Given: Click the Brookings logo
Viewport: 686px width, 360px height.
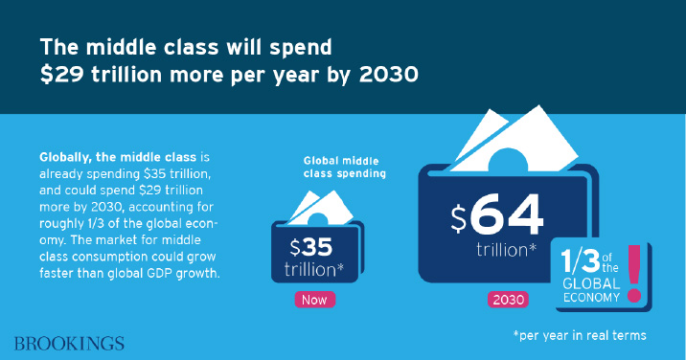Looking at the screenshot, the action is [x=69, y=344].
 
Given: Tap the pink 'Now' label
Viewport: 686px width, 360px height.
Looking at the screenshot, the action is [x=314, y=300].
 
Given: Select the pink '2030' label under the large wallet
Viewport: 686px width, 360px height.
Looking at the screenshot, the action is [x=508, y=300].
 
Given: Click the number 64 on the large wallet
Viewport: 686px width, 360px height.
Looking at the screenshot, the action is [x=507, y=214].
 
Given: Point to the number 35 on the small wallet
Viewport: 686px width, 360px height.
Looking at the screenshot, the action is [x=317, y=248].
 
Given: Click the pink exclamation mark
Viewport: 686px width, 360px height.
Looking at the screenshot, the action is [x=634, y=274].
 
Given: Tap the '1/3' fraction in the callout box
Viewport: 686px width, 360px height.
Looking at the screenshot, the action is [x=580, y=262].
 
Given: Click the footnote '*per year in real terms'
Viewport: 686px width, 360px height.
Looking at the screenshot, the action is [x=580, y=335].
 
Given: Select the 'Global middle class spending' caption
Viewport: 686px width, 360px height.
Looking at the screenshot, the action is [x=344, y=168].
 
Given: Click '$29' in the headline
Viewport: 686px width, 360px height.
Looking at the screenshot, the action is [x=61, y=75].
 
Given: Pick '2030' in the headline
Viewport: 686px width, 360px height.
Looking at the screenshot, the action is [x=388, y=75].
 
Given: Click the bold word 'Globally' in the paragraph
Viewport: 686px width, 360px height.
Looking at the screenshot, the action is [x=64, y=157].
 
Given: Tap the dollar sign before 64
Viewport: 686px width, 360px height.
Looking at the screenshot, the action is [x=459, y=218].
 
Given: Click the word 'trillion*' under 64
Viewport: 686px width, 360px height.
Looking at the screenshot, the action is [x=506, y=250].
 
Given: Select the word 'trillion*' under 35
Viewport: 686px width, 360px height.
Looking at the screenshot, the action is [x=313, y=269].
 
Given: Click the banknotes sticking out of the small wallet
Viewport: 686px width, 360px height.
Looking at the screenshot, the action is [x=321, y=208].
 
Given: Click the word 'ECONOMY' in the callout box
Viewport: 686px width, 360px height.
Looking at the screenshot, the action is [x=591, y=298].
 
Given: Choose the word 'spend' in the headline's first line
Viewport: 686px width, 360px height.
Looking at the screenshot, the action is [x=301, y=48].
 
